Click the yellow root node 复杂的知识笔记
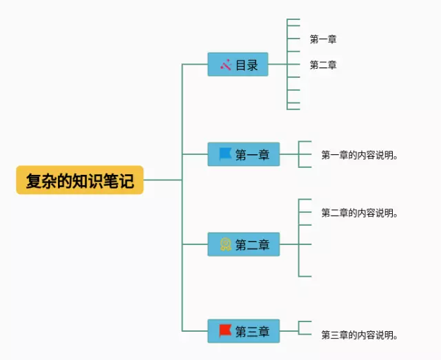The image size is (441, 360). (80, 180)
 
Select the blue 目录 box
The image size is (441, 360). (238, 64)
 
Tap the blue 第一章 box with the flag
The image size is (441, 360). (243, 154)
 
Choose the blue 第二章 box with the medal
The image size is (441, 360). (243, 244)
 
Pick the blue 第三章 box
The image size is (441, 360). (243, 331)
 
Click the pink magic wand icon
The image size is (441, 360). (226, 65)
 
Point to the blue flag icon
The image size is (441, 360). (225, 154)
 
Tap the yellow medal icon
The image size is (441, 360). (225, 244)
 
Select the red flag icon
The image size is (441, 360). (225, 331)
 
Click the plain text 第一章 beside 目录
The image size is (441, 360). (323, 39)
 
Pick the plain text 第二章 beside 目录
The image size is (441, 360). (323, 65)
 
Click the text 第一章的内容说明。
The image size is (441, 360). (360, 155)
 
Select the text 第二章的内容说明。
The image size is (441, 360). (360, 213)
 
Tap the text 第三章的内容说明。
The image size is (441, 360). (360, 335)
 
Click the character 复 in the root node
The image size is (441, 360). (34, 181)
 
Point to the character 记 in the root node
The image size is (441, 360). (126, 181)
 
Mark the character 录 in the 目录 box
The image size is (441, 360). (252, 65)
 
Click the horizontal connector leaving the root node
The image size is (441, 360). (163, 180)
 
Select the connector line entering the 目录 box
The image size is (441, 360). (195, 64)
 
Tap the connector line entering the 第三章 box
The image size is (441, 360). (195, 331)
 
